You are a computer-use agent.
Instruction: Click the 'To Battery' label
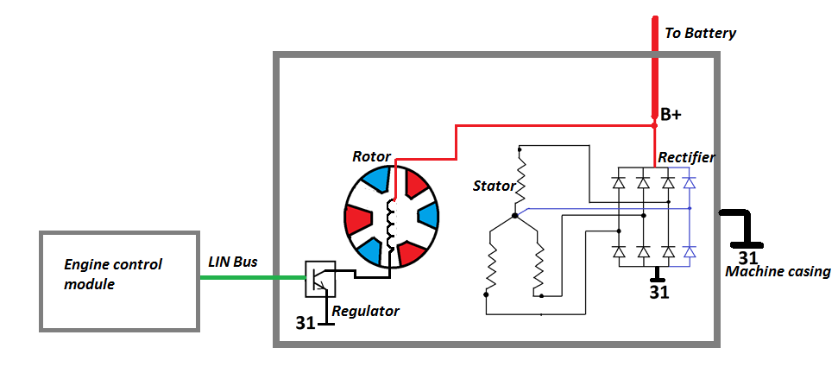point(700,34)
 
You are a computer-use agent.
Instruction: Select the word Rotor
point(371,157)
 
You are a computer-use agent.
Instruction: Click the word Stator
point(494,186)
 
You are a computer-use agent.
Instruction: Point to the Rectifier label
point(686,157)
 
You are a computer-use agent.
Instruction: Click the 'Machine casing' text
point(778,272)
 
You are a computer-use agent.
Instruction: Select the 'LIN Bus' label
point(232,262)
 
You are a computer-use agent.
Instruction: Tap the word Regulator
point(365,310)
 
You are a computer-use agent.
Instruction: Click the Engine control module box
point(120,280)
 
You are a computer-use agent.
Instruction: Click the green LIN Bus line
point(250,278)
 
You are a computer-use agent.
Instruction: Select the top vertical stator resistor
point(520,174)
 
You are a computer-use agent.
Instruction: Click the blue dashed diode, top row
point(689,183)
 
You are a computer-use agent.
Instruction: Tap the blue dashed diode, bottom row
point(689,251)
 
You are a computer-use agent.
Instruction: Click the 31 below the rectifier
point(658,292)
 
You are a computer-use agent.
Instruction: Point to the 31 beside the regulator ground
point(306,324)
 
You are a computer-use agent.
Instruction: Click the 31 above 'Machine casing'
point(747,257)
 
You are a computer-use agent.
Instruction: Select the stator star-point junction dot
point(514,215)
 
